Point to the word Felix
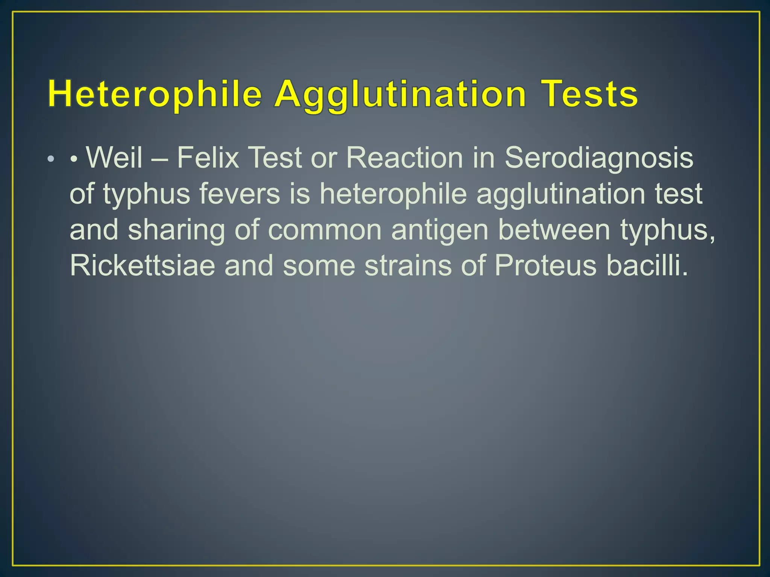[208, 157]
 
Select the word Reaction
[405, 157]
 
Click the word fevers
[239, 193]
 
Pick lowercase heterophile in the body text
[393, 194]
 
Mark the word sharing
[176, 230]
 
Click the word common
[325, 230]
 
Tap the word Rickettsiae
[142, 266]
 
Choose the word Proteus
[546, 266]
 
